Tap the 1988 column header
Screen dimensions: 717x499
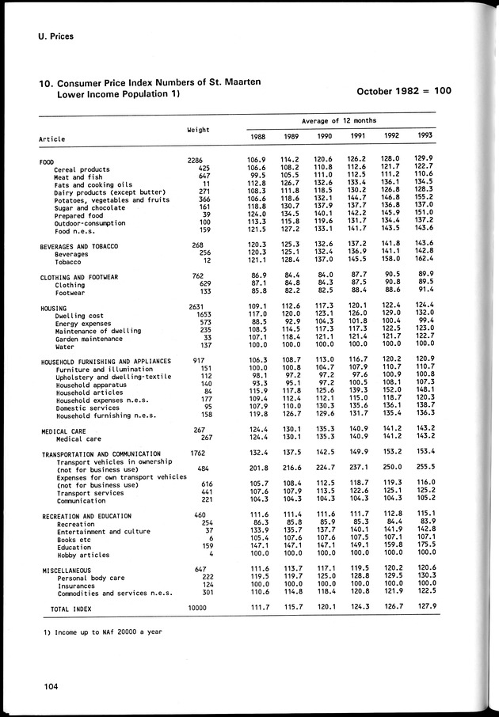coord(257,137)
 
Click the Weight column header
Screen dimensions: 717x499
coord(197,128)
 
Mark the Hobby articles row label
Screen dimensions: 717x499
coord(84,555)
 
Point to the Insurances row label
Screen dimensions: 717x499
coord(76,584)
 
